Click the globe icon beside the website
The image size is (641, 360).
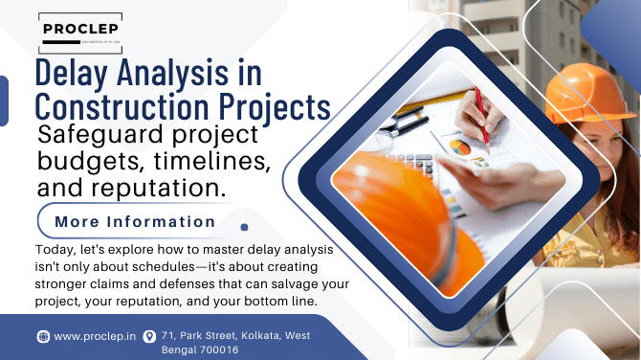[x=43, y=336]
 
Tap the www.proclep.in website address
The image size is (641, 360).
[x=93, y=336]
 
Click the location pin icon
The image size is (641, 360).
[x=148, y=336]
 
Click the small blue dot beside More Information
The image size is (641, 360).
[x=246, y=229]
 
